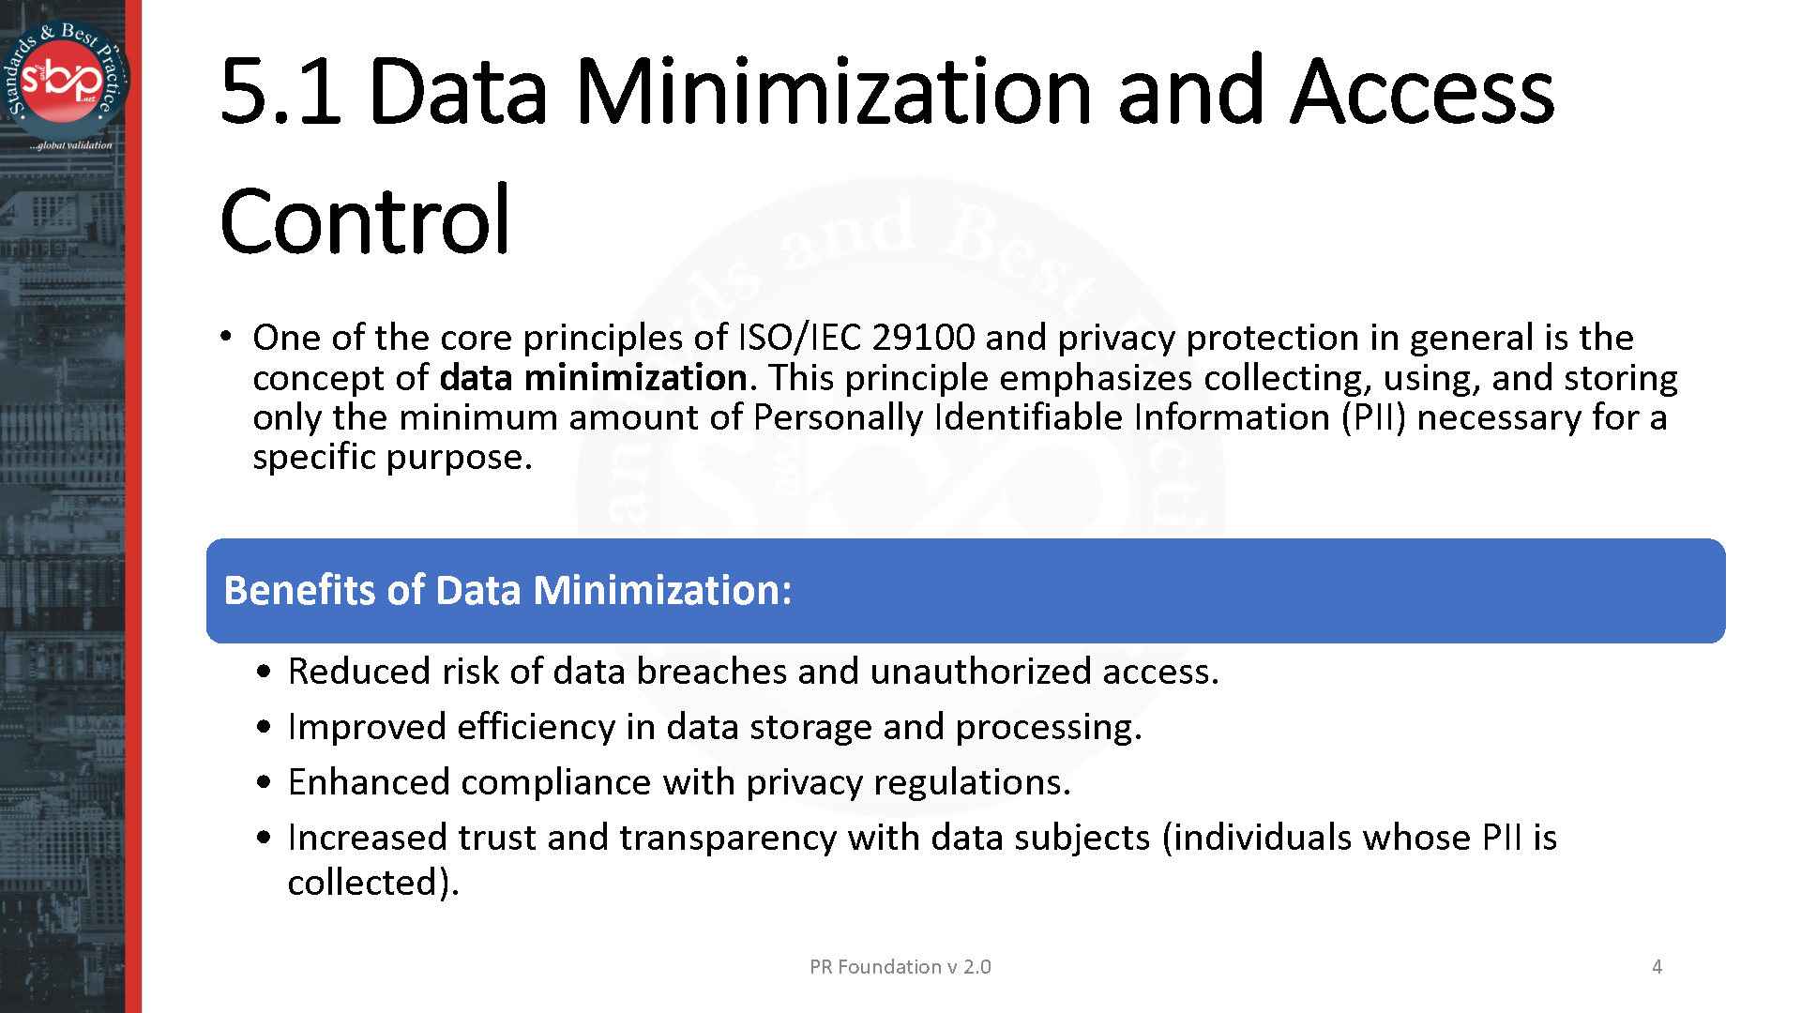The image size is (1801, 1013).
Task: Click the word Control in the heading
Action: (x=365, y=221)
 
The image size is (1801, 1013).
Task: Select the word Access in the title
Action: (x=1422, y=92)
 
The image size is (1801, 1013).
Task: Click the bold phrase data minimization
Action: (x=593, y=378)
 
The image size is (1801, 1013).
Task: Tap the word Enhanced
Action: (x=368, y=782)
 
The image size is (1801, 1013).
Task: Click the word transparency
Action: (x=727, y=838)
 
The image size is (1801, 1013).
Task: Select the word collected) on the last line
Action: (x=372, y=883)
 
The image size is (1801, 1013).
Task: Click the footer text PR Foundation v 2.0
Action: (x=900, y=967)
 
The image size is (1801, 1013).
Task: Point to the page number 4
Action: (x=1657, y=967)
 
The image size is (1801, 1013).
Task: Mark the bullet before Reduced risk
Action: (x=267, y=673)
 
